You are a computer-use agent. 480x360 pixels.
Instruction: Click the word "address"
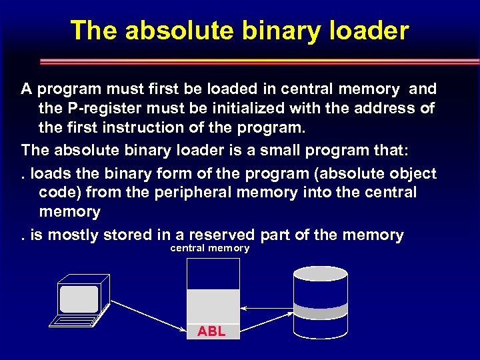(381, 108)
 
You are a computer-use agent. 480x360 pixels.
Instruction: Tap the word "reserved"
(222, 235)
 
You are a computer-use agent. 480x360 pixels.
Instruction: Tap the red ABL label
(211, 331)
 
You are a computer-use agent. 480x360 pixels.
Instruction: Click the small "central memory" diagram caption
(210, 248)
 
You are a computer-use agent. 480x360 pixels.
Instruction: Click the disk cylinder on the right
(321, 303)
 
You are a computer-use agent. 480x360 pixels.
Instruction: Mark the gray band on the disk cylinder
(321, 312)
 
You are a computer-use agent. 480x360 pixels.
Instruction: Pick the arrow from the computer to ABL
(150, 315)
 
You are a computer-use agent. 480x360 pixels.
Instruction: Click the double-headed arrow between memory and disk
(266, 308)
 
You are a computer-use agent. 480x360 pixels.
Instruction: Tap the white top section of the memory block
(213, 273)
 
